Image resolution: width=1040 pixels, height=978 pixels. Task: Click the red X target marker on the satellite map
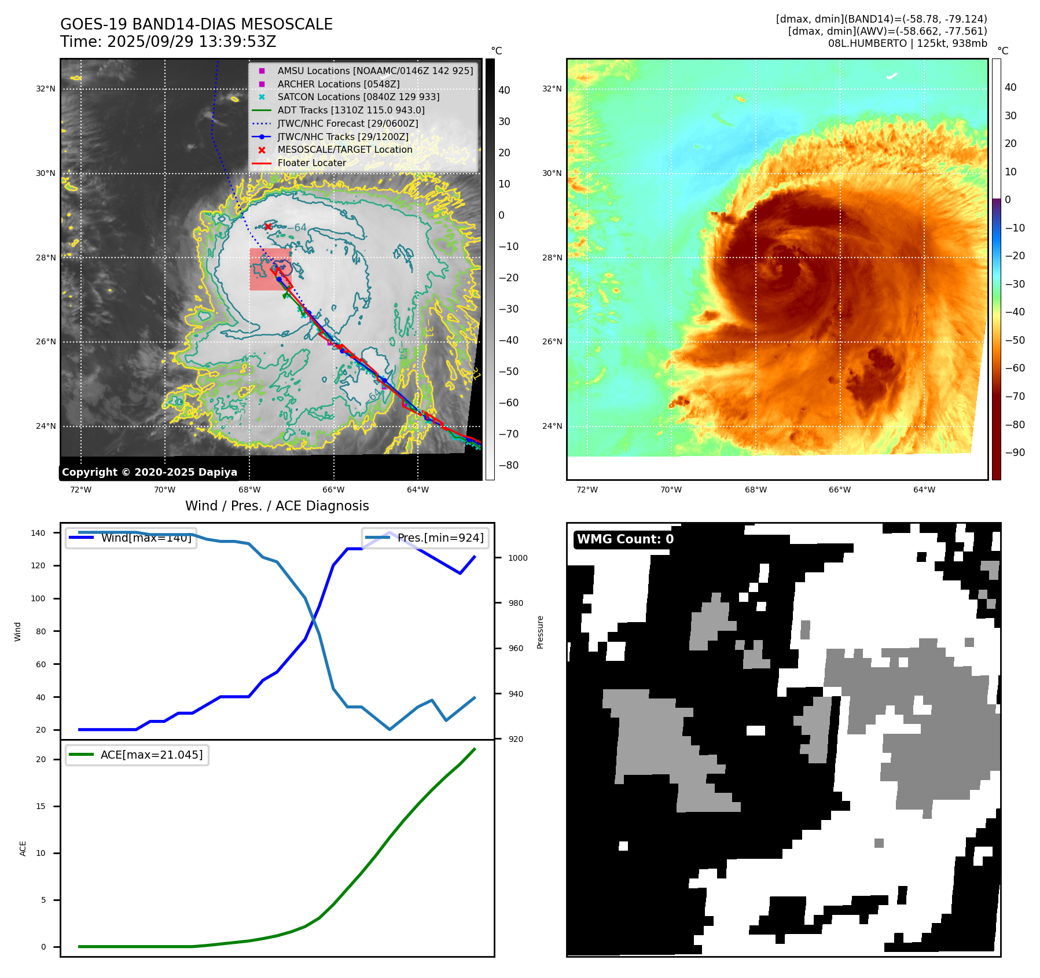tap(268, 226)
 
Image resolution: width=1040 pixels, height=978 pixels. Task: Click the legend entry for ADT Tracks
tap(351, 110)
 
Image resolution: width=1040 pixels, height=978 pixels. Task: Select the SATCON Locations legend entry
tap(358, 97)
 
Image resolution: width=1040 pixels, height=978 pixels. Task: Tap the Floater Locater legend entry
tap(311, 163)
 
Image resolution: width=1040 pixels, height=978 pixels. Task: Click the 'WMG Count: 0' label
tap(625, 539)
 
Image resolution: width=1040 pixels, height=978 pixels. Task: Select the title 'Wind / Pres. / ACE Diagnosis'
tap(277, 506)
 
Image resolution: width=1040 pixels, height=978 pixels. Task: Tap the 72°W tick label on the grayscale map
tap(80, 490)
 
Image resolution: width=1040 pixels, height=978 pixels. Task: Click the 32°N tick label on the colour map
tap(552, 89)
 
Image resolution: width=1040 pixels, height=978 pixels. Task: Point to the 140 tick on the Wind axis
tap(38, 533)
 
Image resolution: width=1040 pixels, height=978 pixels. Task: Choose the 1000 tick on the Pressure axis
tap(517, 558)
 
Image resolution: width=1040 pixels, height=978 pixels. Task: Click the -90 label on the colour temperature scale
tap(1015, 453)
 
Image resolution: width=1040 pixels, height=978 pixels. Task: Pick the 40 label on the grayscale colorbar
tap(504, 90)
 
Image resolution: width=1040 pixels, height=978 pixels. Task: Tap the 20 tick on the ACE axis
tap(41, 759)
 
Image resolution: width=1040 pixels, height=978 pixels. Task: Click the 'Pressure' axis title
tap(540, 632)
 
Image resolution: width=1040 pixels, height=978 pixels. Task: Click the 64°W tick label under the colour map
tap(924, 490)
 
